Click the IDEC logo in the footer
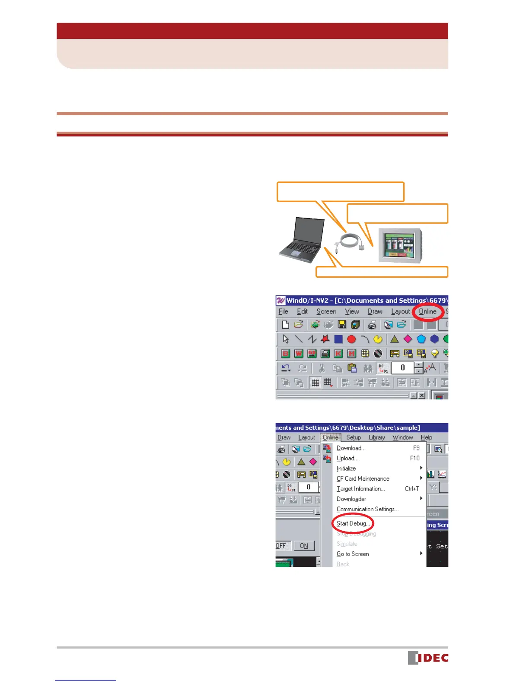coord(428,657)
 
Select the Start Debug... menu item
coord(353,523)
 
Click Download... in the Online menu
coord(351,448)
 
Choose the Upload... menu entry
coord(347,458)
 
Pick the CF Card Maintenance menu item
coord(363,478)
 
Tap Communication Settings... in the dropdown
coord(367,509)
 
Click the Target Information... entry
coord(360,489)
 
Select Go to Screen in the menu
coord(353,554)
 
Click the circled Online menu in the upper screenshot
coord(427,311)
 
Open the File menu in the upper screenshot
coord(284,311)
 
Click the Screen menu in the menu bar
coord(326,311)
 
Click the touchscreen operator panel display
coord(398,244)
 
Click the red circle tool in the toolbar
coord(351,339)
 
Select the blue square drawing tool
coord(338,339)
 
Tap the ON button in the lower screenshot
coord(304,545)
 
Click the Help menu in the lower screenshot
coord(426,437)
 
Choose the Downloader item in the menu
coord(351,499)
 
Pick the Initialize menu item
coord(346,469)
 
